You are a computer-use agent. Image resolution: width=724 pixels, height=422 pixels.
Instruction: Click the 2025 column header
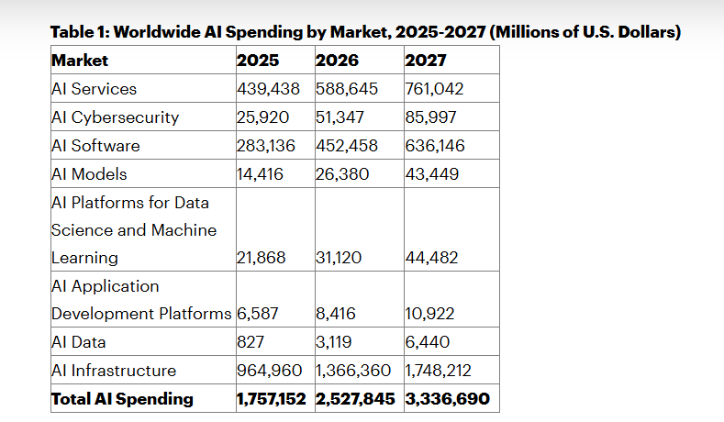[x=258, y=61]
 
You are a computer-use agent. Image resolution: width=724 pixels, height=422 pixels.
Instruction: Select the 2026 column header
[x=337, y=61]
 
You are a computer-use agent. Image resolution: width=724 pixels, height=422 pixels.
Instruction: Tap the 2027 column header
[x=426, y=61]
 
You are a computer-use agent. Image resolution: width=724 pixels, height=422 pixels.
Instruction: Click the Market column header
[x=80, y=61]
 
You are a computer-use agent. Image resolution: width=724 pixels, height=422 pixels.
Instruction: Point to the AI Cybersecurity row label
[x=115, y=117]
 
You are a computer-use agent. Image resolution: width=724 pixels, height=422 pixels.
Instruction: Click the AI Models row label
[x=89, y=173]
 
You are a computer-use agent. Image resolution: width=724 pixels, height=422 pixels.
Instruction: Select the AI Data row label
[x=78, y=342]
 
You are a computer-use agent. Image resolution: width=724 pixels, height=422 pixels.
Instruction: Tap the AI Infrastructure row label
[x=114, y=371]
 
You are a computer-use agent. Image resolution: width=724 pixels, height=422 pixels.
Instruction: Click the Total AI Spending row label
[x=122, y=399]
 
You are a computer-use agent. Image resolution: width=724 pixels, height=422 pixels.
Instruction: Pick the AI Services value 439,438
[x=272, y=89]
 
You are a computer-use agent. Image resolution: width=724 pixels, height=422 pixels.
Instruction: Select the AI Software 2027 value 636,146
[x=434, y=146]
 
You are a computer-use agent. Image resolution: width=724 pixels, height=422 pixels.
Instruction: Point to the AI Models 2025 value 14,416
[x=260, y=173]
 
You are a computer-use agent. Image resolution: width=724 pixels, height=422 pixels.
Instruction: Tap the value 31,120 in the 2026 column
[x=338, y=258]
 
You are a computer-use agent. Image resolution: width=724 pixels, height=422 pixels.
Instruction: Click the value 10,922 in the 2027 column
[x=429, y=314]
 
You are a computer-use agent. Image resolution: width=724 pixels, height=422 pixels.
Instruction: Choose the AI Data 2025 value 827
[x=250, y=342]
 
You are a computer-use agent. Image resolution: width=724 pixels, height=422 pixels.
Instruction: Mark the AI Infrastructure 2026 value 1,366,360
[x=357, y=371]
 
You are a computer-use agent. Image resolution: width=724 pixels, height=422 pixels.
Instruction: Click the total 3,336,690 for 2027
[x=447, y=399]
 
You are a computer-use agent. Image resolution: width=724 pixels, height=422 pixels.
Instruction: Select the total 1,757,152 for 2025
[x=273, y=399]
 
